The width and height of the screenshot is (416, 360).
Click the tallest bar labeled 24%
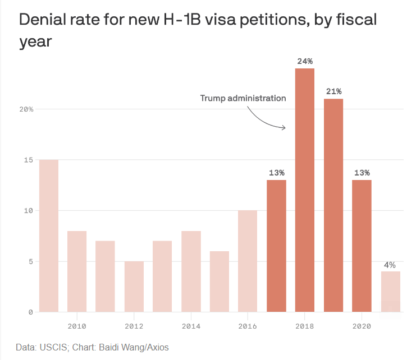tap(305, 190)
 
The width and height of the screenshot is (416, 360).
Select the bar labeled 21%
tap(333, 205)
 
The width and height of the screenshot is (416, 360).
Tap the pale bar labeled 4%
tap(390, 292)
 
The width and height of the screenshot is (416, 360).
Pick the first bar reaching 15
tap(48, 236)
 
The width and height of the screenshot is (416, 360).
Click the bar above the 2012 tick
tap(134, 287)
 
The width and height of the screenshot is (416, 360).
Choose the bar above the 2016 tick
tap(248, 261)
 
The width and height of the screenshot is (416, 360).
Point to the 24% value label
tap(305, 61)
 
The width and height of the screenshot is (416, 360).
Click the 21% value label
tap(333, 91)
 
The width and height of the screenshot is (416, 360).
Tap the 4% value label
tap(390, 264)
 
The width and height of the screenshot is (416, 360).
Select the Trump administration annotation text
tap(243, 98)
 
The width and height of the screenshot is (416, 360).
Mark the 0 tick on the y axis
tap(30, 312)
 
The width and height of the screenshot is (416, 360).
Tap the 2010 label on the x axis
tap(77, 326)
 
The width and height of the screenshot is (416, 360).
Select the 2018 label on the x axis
tap(305, 326)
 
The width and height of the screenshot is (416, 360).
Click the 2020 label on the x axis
tap(362, 326)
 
